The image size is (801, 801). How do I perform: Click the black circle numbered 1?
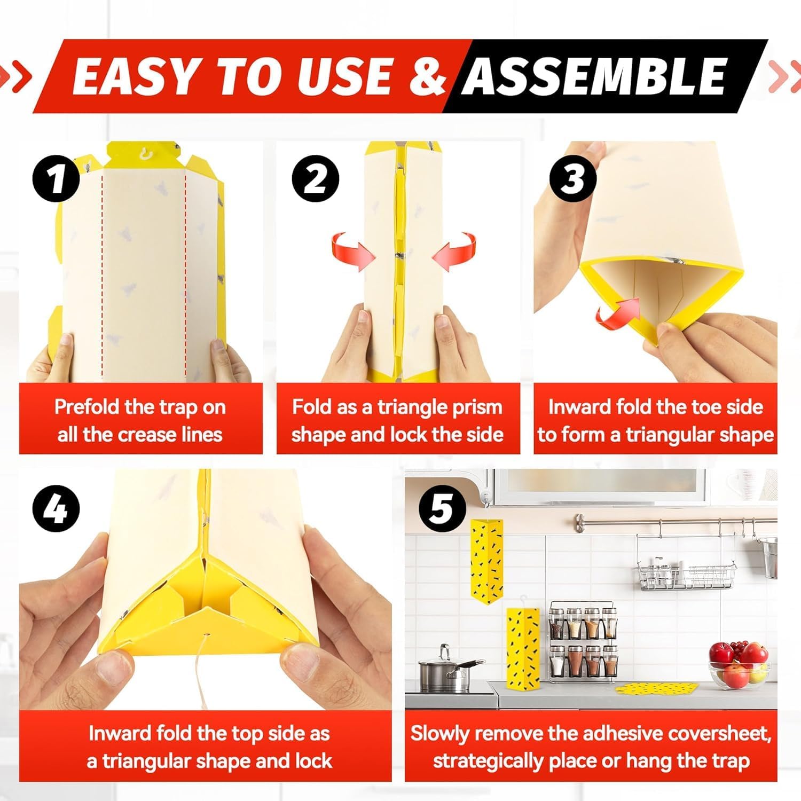pyautogui.click(x=57, y=178)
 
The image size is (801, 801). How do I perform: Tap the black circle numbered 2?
pyautogui.click(x=316, y=178)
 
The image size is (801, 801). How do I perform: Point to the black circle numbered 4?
pyautogui.click(x=57, y=508)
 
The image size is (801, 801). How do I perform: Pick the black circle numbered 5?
pyautogui.click(x=441, y=508)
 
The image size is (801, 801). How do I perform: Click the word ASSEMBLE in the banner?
pyautogui.click(x=594, y=76)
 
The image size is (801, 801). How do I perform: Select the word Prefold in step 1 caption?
pyautogui.click(x=87, y=407)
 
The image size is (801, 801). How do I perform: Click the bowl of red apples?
pyautogui.click(x=738, y=666)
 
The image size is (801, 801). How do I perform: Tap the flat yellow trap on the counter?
pyautogui.click(x=656, y=688)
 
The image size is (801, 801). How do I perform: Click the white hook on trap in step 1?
pyautogui.click(x=144, y=155)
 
